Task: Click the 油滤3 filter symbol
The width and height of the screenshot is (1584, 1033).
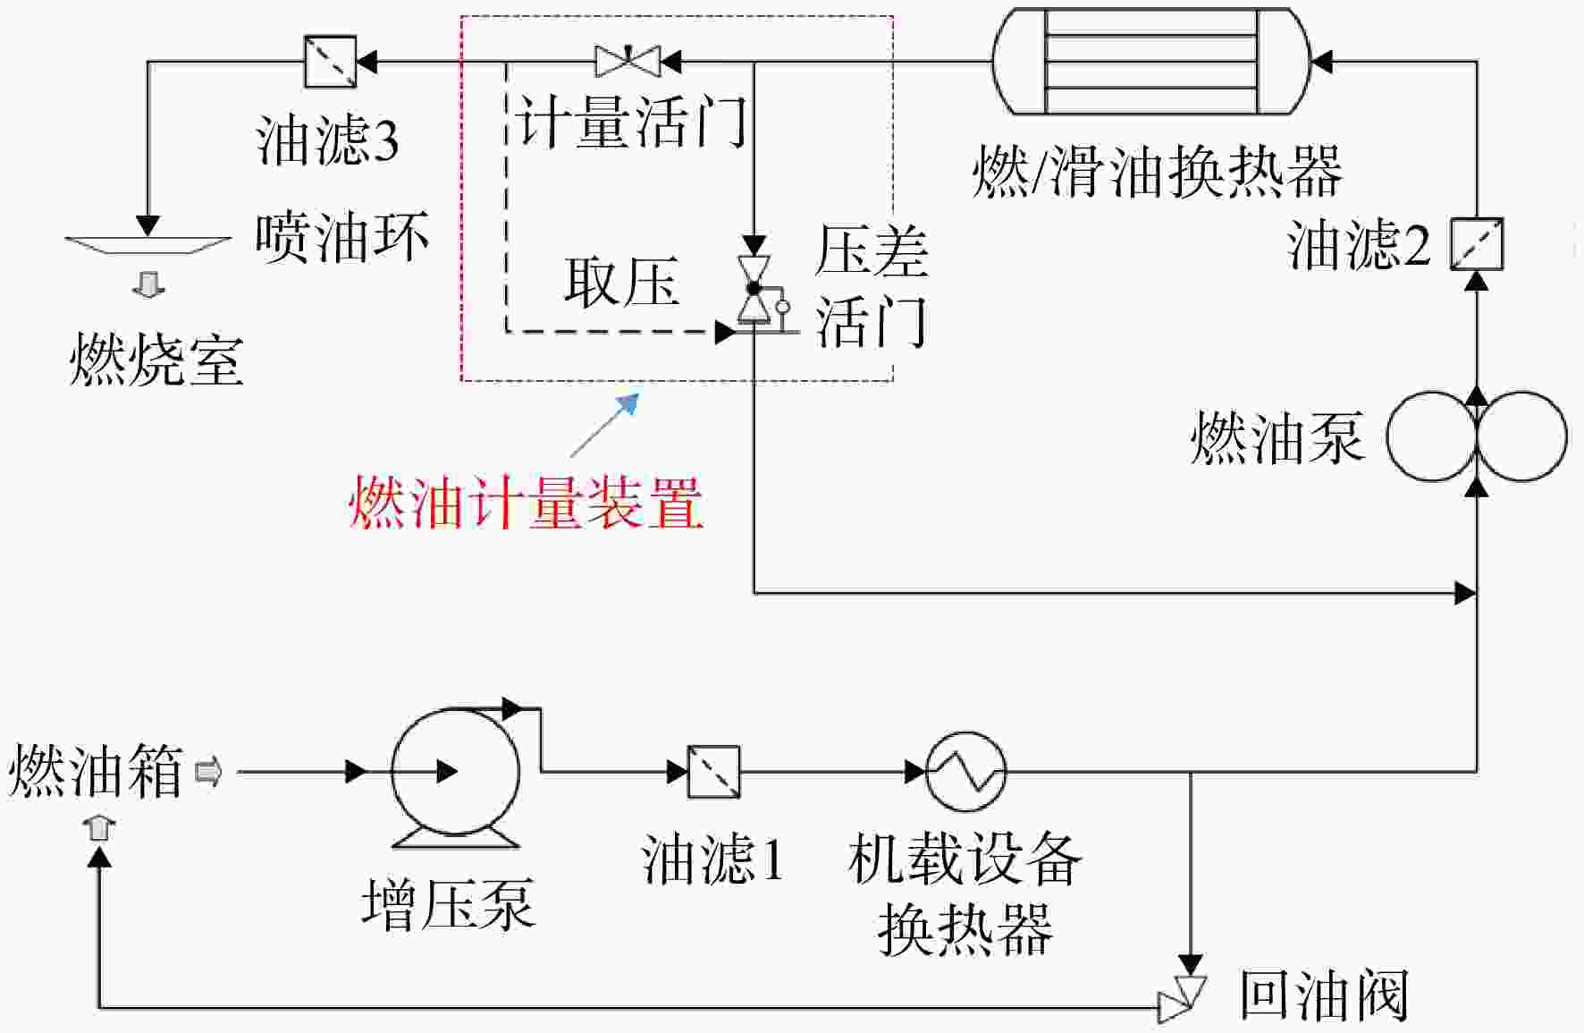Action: click(331, 62)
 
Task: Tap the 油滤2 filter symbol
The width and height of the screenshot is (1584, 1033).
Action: click(1477, 244)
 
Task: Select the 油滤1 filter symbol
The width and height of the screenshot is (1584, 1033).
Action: click(713, 772)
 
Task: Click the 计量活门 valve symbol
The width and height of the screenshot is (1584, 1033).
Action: click(628, 61)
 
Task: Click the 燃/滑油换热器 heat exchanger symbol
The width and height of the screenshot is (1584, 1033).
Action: click(1152, 61)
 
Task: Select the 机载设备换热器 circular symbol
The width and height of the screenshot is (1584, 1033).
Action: click(965, 771)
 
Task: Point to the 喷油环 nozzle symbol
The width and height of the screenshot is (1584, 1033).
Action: click(148, 245)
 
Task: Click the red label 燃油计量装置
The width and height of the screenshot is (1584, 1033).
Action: click(526, 503)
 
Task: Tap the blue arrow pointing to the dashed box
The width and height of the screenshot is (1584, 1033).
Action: click(605, 426)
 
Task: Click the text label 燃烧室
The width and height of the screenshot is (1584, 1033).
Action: click(156, 360)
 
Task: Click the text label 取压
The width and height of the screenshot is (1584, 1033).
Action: click(621, 283)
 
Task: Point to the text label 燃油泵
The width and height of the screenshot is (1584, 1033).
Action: click(1277, 437)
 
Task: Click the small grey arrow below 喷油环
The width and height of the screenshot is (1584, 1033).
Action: click(149, 285)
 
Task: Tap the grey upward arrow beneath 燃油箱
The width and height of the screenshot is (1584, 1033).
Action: click(99, 827)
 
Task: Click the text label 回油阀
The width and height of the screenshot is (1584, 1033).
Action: click(1324, 995)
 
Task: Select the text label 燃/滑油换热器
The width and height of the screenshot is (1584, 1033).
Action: click(1158, 171)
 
